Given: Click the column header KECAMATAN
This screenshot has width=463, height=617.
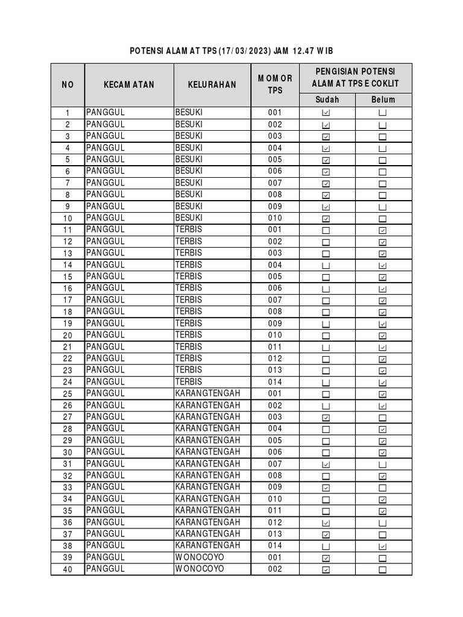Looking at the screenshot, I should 128,85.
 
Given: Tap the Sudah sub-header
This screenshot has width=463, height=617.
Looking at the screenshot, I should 327,100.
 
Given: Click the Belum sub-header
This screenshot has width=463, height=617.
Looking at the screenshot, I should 383,100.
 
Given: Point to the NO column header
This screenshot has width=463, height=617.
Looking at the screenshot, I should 68,85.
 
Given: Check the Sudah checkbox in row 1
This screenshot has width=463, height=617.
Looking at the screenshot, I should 326,113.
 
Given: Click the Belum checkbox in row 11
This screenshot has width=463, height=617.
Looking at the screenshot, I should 383,231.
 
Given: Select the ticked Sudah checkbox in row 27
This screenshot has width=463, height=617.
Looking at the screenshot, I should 326,418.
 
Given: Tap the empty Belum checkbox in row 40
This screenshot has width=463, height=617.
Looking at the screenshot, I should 383,570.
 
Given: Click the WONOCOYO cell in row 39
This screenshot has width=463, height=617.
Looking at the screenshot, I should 200,557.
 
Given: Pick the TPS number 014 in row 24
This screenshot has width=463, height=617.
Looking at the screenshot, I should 275,382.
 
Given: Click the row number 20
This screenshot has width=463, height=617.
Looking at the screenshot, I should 68,336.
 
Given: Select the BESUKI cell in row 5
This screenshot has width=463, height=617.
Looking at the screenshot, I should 189,160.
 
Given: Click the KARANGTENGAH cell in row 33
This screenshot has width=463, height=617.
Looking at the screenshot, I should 207,487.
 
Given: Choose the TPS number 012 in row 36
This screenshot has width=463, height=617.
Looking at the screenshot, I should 275,522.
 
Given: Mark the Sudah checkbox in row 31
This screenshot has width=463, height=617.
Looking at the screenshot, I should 326,465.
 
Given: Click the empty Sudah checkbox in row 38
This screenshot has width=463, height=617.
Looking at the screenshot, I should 326,547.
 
